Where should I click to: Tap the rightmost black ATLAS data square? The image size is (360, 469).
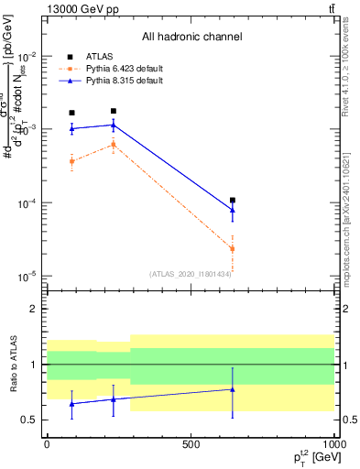pos(233,200)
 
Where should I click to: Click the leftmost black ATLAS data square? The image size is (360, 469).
pos(72,113)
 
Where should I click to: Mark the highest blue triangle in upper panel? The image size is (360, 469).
pos(113,125)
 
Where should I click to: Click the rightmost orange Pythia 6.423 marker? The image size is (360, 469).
pos(233,248)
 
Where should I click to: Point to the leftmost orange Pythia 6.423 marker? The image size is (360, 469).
pos(72,161)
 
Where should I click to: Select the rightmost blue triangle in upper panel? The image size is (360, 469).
pos(233,210)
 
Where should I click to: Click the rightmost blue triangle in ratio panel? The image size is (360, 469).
pos(233,389)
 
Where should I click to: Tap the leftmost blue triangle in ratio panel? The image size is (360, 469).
pos(72,403)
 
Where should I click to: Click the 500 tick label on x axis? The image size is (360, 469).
pos(191,443)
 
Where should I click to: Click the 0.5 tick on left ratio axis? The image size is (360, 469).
pos(29,420)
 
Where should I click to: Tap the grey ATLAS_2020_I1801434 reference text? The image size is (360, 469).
pos(191,274)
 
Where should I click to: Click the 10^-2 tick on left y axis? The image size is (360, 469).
pos(26,57)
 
